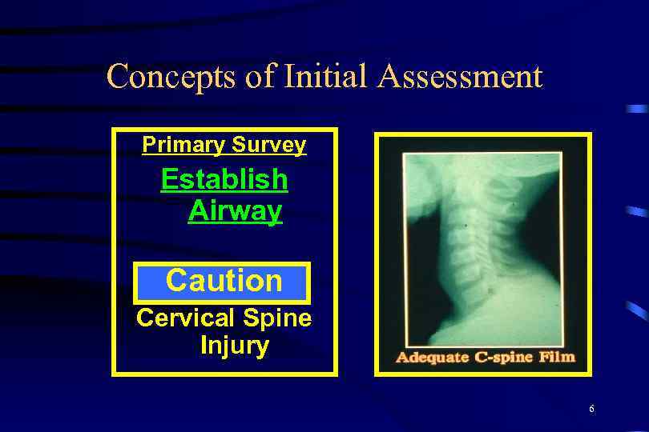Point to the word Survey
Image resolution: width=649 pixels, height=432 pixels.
270,145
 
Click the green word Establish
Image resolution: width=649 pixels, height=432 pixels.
224,179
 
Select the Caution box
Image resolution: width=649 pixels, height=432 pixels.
223,282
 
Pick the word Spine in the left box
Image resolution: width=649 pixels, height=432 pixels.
277,318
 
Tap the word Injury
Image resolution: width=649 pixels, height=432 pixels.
234,346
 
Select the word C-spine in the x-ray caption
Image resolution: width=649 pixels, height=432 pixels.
502,357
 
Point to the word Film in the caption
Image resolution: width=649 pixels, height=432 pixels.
558,357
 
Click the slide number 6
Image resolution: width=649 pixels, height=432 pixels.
591,410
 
